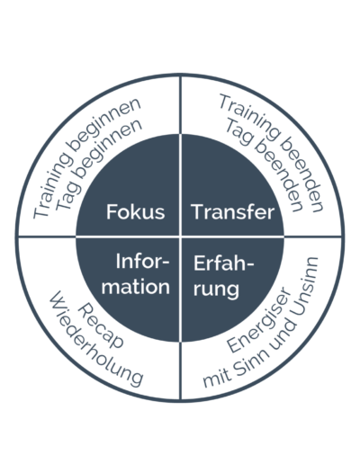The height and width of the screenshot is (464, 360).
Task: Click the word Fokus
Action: (136, 211)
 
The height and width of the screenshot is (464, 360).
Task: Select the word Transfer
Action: (233, 211)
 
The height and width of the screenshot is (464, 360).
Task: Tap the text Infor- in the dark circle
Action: (142, 262)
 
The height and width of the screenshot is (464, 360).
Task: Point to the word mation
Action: (136, 287)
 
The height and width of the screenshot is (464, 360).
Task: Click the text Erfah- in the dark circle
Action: (223, 263)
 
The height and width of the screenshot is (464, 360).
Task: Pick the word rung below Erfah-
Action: (216, 290)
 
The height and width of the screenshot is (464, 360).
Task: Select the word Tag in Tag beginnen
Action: (67, 196)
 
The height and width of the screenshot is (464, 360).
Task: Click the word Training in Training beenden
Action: (250, 118)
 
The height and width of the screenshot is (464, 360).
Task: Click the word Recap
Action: (101, 326)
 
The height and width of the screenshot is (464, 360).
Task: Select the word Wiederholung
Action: (96, 339)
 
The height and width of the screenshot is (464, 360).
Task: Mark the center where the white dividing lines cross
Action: (180, 236)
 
